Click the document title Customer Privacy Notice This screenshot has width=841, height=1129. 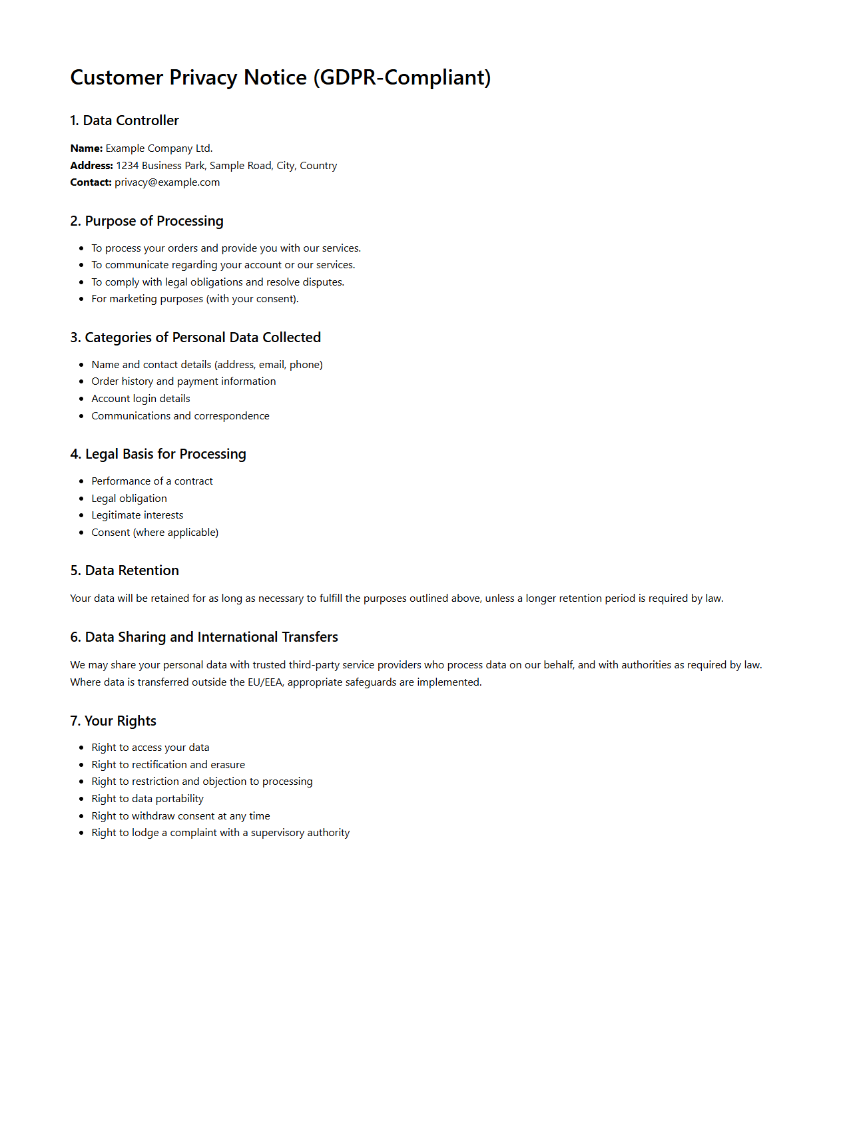(x=280, y=78)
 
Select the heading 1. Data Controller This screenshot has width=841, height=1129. (x=125, y=120)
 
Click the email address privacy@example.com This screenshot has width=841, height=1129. (x=167, y=182)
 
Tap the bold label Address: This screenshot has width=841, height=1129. (x=91, y=166)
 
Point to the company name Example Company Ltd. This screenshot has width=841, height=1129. (x=159, y=148)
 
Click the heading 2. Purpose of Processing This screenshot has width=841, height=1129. (x=146, y=221)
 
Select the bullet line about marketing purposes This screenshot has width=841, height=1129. (x=195, y=299)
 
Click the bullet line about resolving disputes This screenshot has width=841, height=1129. (x=218, y=282)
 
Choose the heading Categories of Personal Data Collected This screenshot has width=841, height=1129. (x=196, y=338)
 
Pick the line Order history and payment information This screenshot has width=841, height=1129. (x=184, y=381)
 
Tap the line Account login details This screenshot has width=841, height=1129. (x=141, y=399)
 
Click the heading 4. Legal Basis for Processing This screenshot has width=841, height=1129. (x=158, y=454)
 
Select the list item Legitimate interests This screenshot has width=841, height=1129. (x=137, y=515)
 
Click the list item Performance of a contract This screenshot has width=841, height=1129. (x=152, y=481)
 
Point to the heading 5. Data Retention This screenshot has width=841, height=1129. (x=125, y=570)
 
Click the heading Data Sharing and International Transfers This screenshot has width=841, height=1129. (x=204, y=637)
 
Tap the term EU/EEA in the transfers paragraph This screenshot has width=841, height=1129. (x=264, y=682)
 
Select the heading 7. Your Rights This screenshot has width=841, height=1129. (x=113, y=721)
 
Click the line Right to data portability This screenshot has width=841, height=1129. (x=148, y=799)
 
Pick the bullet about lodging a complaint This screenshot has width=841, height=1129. (x=220, y=833)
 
